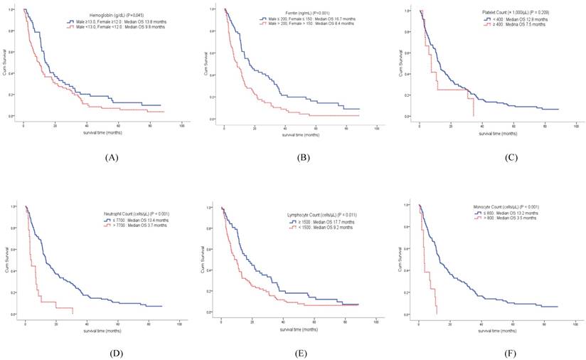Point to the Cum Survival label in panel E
(206, 260)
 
